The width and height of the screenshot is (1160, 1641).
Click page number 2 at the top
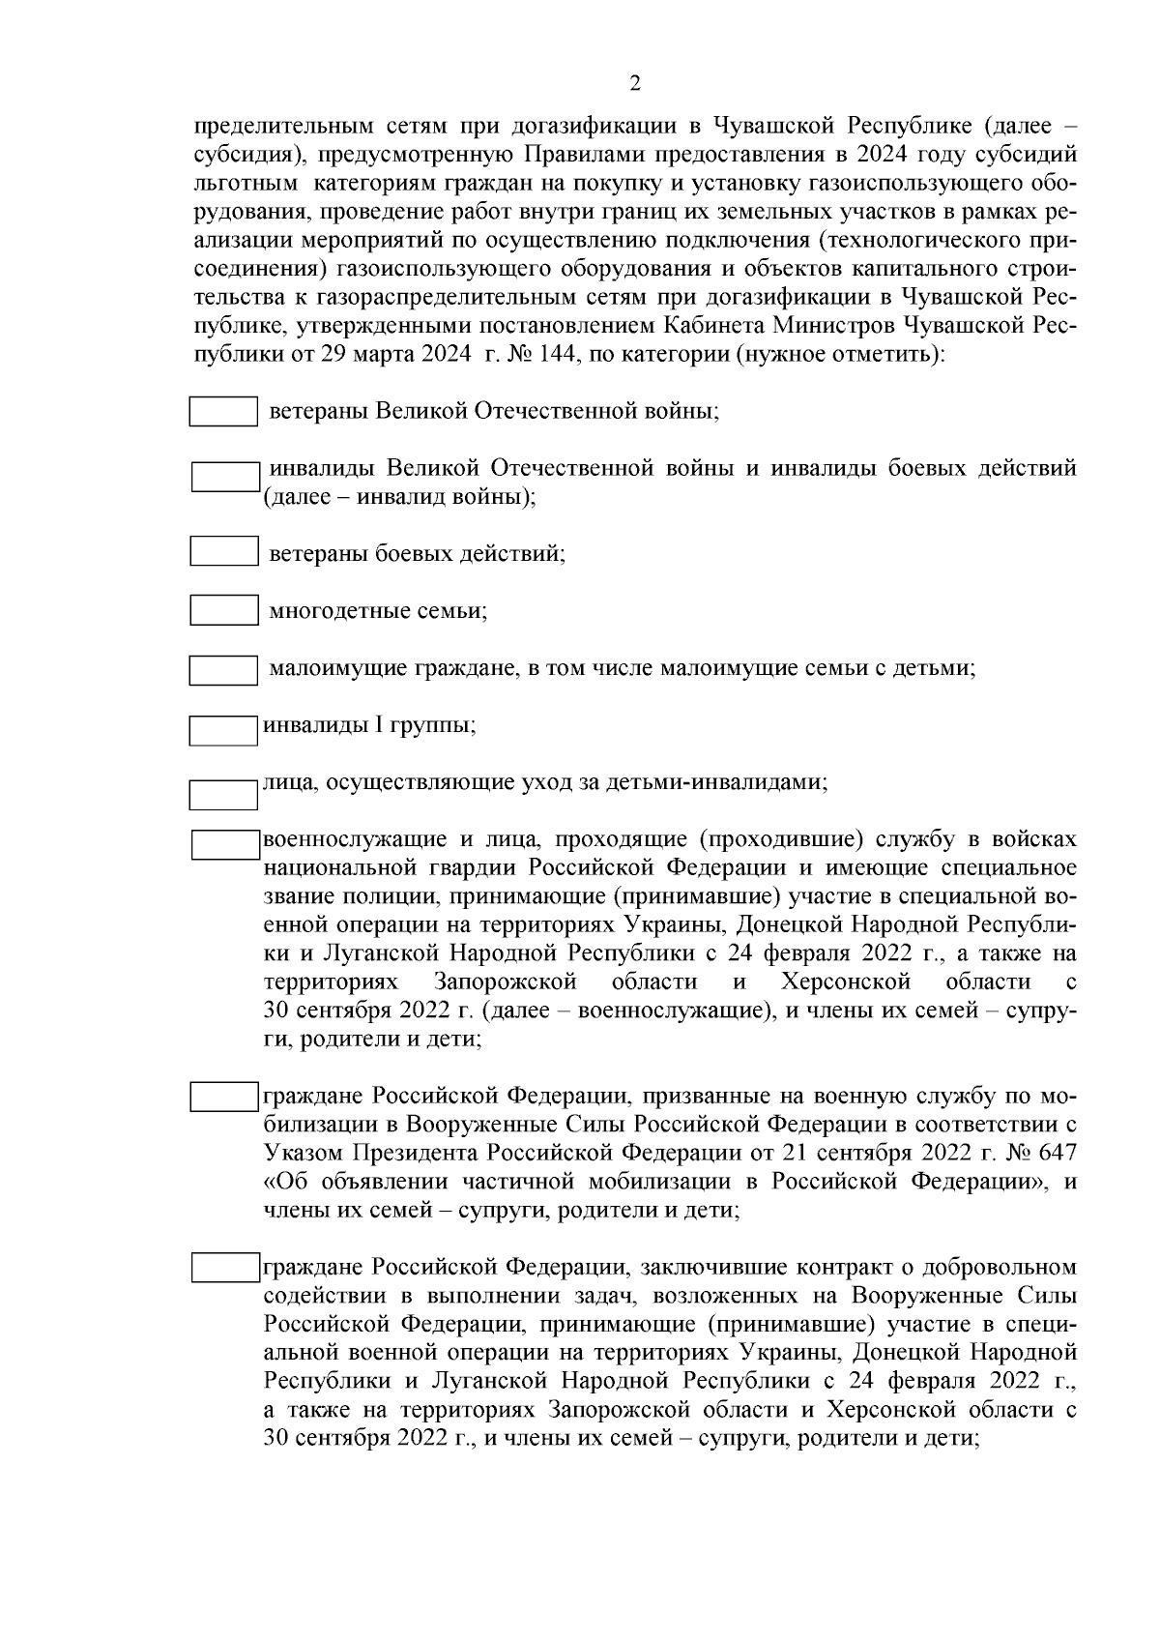634,84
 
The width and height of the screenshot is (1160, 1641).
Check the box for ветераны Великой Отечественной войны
222,411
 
